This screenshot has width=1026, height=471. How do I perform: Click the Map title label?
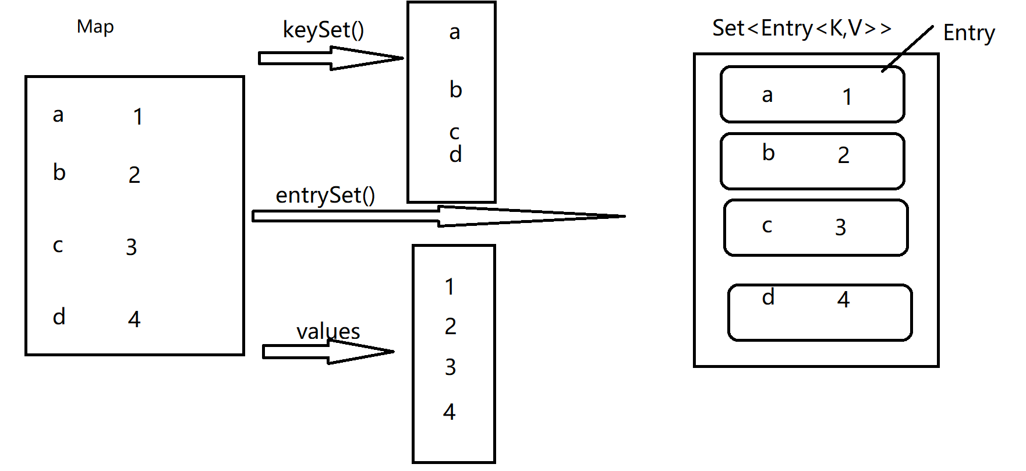click(95, 27)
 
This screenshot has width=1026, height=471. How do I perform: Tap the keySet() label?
click(323, 30)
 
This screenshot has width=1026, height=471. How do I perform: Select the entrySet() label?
click(325, 195)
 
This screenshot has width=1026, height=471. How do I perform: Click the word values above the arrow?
click(328, 331)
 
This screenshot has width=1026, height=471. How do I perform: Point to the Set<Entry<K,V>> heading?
click(802, 28)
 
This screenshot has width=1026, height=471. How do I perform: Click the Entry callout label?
click(968, 33)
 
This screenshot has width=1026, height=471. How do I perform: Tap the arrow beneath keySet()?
click(330, 58)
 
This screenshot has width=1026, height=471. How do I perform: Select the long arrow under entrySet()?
click(437, 216)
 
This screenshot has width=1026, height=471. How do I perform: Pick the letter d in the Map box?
click(59, 317)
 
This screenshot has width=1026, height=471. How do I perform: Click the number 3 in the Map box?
click(132, 247)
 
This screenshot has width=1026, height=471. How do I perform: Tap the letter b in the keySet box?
click(455, 90)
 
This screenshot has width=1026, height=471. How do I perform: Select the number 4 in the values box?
click(449, 412)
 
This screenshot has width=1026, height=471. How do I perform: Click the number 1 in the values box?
click(449, 286)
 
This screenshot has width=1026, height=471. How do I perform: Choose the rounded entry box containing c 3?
click(815, 228)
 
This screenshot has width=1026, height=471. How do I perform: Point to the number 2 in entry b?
click(843, 155)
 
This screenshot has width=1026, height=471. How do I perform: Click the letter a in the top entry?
click(767, 95)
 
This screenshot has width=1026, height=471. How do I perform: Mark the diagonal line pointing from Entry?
click(908, 48)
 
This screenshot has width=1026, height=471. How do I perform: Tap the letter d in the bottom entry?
click(768, 297)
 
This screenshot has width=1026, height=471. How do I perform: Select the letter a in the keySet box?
click(455, 33)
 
